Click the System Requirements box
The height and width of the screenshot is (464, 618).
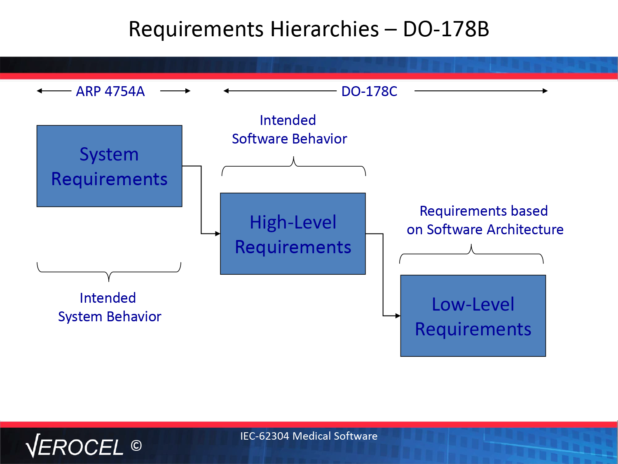point(109,166)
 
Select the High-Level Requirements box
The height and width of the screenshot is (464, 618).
point(293,233)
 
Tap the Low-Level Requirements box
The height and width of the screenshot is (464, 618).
point(473,316)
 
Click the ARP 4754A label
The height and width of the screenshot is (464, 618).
point(110,91)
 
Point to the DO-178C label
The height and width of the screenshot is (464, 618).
point(369,91)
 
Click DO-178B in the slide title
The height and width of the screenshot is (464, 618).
point(446,29)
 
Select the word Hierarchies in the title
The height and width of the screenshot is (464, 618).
point(324,29)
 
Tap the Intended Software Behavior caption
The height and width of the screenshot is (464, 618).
point(289,130)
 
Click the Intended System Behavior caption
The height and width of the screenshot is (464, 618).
point(110,307)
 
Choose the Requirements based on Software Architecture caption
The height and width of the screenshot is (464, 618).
point(485,220)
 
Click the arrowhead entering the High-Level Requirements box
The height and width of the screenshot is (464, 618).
point(218,233)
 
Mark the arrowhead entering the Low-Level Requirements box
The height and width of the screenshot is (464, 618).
point(398,316)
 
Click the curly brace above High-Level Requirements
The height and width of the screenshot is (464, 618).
point(294,166)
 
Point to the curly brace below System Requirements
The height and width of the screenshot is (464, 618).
point(109,272)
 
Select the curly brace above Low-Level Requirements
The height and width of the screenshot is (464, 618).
point(471,254)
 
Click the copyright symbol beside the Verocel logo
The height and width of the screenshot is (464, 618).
point(136,446)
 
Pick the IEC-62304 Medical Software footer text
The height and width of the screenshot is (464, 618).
point(309,436)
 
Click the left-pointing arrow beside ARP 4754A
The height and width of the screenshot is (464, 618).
point(54,91)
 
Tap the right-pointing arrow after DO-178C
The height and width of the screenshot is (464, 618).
point(481,91)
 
